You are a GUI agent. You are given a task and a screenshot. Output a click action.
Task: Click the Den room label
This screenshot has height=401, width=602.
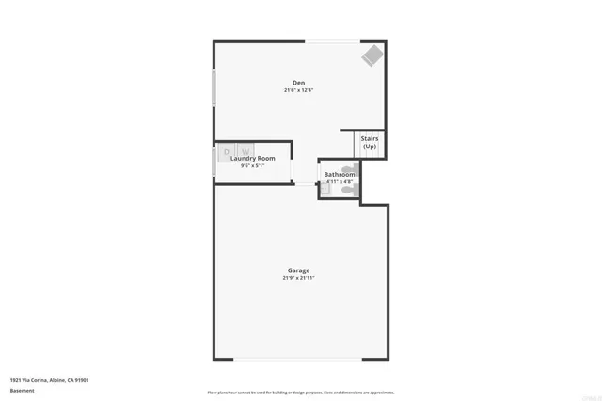click(x=298, y=83)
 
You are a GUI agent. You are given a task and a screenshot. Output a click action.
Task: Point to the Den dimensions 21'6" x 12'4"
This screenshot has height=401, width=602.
click(x=298, y=90)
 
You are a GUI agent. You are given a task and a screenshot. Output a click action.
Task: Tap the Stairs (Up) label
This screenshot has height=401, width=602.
click(x=370, y=143)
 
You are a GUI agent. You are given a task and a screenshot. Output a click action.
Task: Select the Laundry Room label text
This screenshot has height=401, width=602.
click(x=253, y=159)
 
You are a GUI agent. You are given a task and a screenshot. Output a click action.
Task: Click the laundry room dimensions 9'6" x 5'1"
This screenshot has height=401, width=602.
click(x=253, y=166)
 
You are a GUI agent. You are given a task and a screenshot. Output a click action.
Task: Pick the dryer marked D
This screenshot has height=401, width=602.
click(x=227, y=150)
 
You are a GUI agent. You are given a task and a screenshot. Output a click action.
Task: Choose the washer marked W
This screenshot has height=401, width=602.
click(x=245, y=150)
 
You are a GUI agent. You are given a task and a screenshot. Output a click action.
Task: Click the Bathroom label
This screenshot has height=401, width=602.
click(x=340, y=175)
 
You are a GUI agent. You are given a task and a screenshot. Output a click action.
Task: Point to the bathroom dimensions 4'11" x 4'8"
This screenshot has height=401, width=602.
click(x=340, y=182)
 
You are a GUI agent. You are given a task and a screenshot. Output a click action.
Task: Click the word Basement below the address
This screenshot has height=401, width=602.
click(x=22, y=390)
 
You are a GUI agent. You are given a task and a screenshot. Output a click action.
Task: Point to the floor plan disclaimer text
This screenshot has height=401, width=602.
click(x=301, y=393)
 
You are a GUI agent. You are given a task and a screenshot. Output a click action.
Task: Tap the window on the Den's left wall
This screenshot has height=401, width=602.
click(x=214, y=88)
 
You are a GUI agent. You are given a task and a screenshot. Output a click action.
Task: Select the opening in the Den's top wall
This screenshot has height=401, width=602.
click(x=330, y=40)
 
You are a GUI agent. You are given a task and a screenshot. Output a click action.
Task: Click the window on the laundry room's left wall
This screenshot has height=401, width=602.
click(x=214, y=159)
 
